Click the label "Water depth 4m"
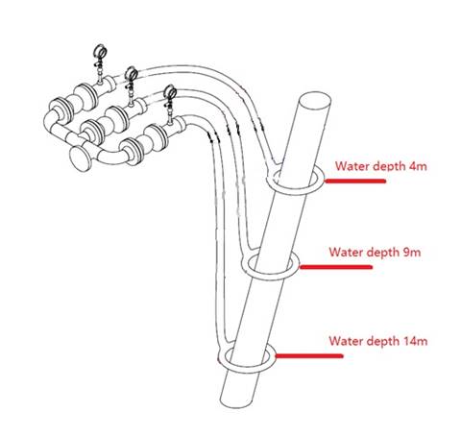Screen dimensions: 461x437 coord(381,166)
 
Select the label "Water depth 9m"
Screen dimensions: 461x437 coord(375,252)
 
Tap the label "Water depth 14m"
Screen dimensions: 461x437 coord(378,341)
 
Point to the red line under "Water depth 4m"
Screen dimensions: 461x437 coord(355,182)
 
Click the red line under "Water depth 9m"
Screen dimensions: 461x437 coord(336,267)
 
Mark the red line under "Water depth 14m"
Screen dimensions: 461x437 coord(309,355)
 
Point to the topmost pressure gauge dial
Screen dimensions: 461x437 coord(100,51)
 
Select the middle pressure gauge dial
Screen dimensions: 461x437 coord(131,74)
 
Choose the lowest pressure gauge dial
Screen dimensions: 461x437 coord(170,93)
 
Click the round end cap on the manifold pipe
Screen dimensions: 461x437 coord(81,158)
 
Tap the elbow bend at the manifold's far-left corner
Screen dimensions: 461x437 coord(53,123)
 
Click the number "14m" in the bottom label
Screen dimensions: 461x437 coord(415,341)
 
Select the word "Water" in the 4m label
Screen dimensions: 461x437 coord(352,166)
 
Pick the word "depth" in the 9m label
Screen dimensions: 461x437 coord(383,253)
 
